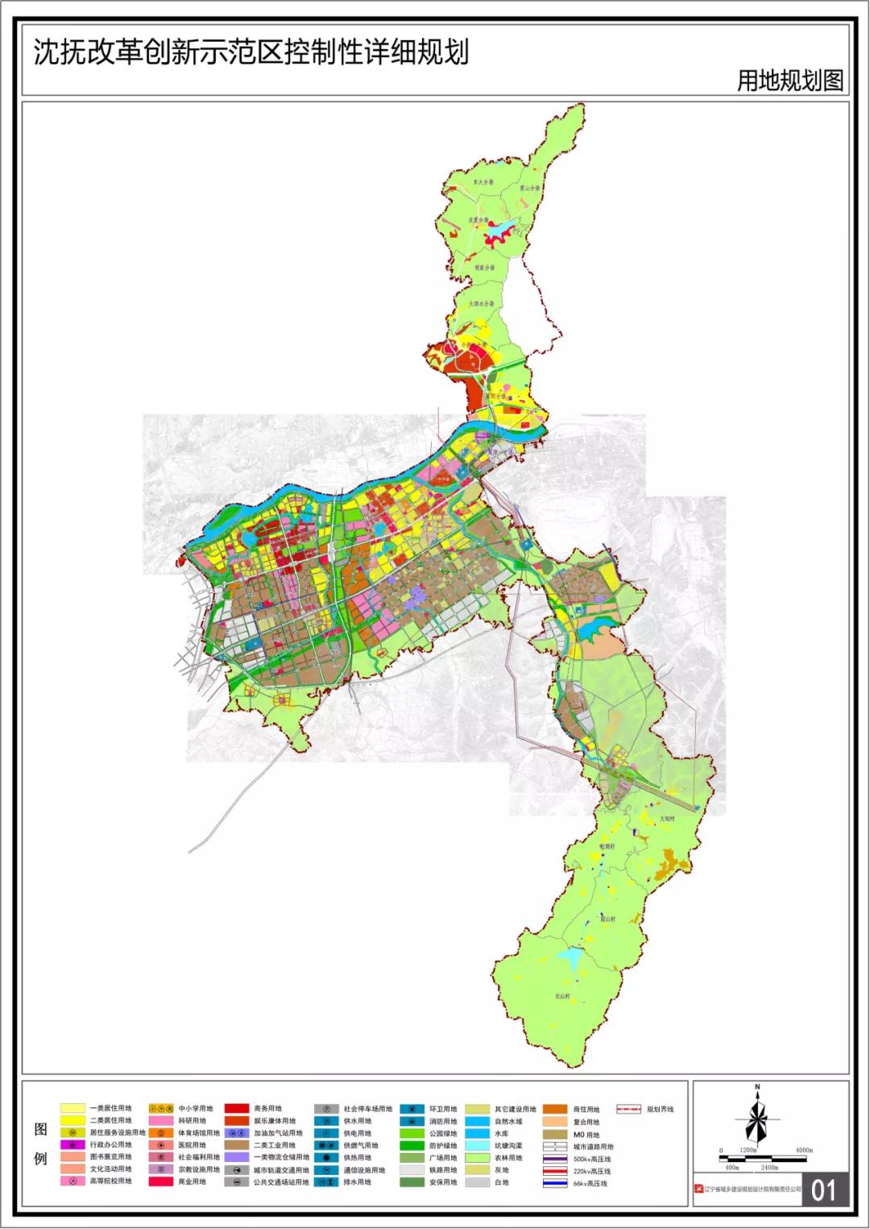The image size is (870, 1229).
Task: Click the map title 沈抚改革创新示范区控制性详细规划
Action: (251, 53)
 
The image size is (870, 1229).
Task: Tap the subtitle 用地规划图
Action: (789, 81)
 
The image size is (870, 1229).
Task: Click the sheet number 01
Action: (824, 1190)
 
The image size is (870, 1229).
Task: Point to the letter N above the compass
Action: (757, 1087)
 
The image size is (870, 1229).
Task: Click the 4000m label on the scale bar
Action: (803, 1150)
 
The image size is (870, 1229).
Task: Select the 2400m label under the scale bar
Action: (769, 1167)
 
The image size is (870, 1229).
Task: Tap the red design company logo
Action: (698, 1189)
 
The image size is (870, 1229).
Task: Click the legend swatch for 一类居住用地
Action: (72, 1109)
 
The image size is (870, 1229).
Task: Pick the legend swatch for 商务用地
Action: (236, 1109)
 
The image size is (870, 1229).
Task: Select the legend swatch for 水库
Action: (482, 1133)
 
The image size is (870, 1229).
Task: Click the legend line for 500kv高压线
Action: (554, 1159)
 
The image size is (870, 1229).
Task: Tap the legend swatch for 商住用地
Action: (554, 1109)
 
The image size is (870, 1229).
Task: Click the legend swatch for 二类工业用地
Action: (236, 1145)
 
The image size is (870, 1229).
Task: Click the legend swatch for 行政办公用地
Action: (72, 1145)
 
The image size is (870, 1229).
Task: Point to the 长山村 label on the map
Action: (561, 996)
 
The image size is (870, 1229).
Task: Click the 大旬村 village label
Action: (665, 817)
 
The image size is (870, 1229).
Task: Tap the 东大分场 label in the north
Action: (483, 183)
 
